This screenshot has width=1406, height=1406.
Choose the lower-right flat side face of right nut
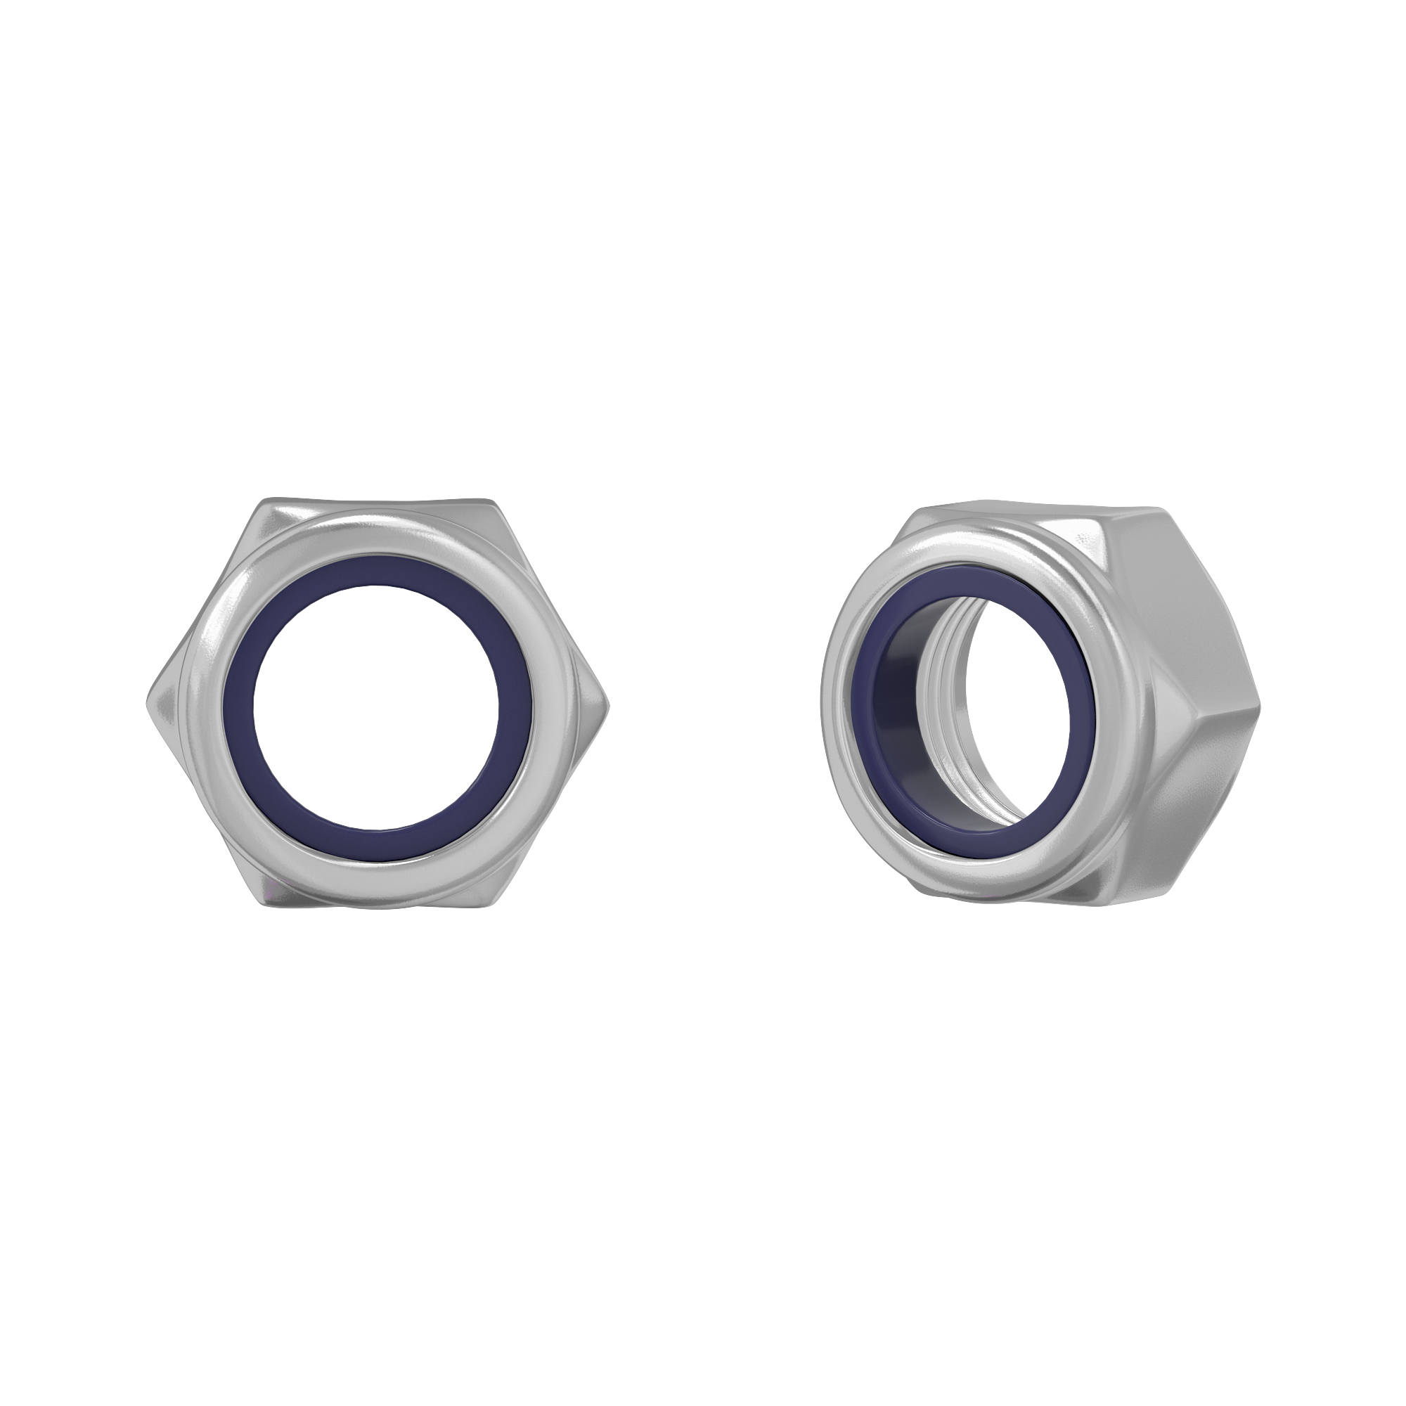tap(1194, 808)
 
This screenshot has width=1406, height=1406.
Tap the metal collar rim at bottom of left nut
tap(375, 873)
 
